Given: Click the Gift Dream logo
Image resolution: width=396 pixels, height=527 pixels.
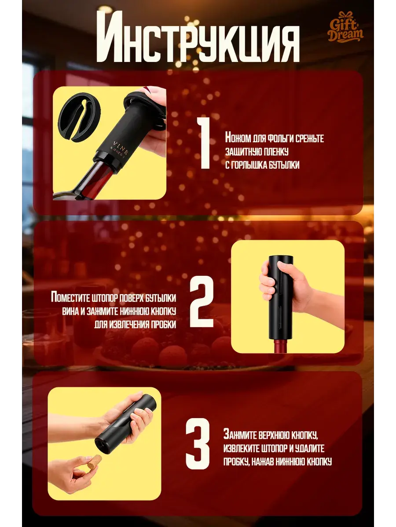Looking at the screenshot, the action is [345, 27].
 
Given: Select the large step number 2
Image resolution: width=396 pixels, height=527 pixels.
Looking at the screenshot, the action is [202, 301].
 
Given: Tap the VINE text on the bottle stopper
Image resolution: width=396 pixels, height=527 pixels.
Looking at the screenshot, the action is [121, 148].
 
